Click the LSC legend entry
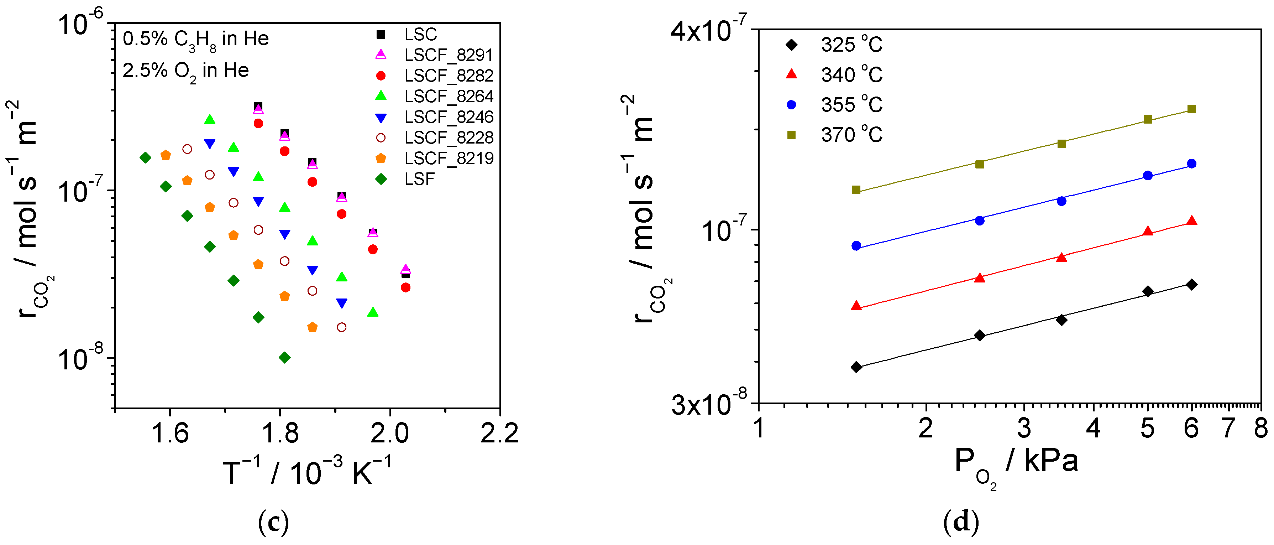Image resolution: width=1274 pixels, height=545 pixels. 420,34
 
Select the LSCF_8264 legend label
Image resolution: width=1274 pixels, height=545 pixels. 449,96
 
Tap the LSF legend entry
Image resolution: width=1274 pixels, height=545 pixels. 419,179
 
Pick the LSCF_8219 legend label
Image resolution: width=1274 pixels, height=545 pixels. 449,159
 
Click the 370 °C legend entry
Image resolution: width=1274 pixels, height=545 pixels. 851,135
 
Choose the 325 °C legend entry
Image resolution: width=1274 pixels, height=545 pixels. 851,45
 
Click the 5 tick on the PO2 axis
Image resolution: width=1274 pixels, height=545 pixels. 1147,428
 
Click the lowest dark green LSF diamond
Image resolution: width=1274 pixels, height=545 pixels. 284,357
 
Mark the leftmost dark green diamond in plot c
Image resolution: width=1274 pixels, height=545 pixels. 145,157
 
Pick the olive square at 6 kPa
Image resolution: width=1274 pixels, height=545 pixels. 1191,109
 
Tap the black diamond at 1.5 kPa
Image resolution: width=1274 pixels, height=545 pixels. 856,367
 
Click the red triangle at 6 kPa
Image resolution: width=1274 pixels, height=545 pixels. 1191,221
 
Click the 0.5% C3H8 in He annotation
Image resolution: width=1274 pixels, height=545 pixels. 195,39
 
